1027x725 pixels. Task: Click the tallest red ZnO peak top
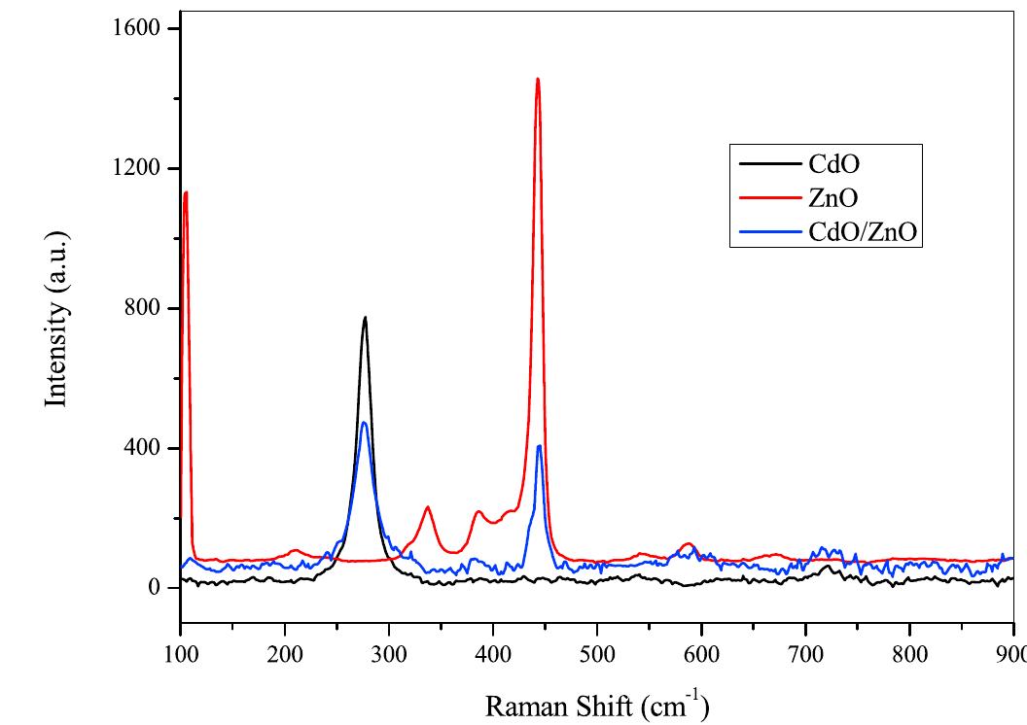point(537,80)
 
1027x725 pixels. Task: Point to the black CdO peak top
point(366,318)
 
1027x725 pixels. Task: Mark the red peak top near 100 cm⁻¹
point(185,192)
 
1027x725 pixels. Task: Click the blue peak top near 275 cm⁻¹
point(364,423)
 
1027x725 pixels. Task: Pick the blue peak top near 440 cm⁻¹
point(539,446)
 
